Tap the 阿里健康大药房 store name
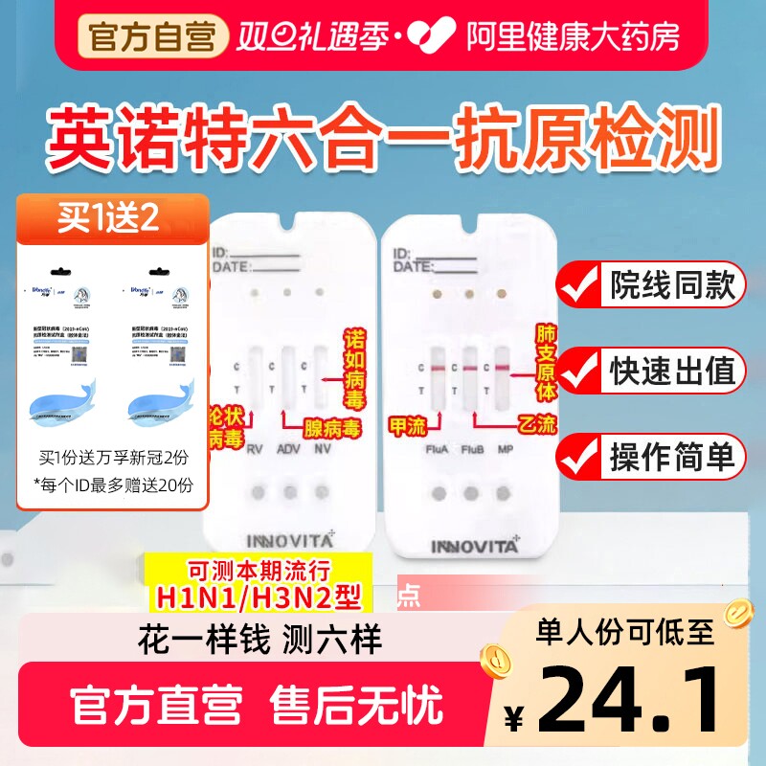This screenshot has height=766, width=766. point(573,35)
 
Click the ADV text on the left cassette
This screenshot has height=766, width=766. point(288,449)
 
